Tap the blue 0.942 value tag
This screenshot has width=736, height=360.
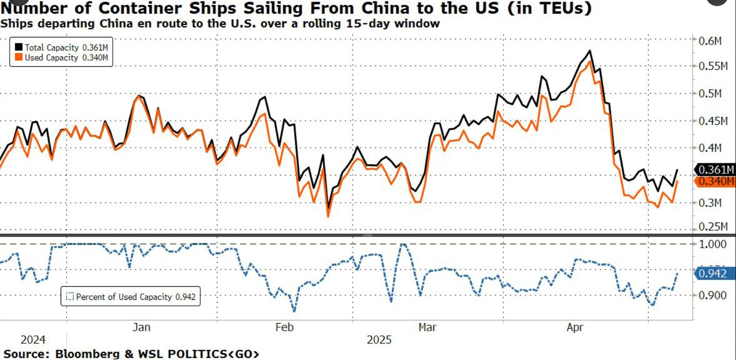pyautogui.click(x=714, y=274)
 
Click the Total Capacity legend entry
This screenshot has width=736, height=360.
pyautogui.click(x=61, y=48)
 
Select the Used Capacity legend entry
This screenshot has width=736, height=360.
pyautogui.click(x=61, y=58)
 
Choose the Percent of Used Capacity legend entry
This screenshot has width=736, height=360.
pyautogui.click(x=130, y=297)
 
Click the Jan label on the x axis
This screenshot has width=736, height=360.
pyautogui.click(x=141, y=327)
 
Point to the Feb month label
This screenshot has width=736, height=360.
pyautogui.click(x=285, y=327)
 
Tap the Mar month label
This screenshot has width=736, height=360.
pyautogui.click(x=428, y=327)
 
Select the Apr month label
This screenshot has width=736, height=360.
pyautogui.click(x=575, y=327)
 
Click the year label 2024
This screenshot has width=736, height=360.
pyautogui.click(x=33, y=339)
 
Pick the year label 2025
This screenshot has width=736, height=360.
pyautogui.click(x=379, y=339)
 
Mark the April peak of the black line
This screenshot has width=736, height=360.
pyautogui.click(x=590, y=51)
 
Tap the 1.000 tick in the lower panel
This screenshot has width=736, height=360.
pyautogui.click(x=713, y=244)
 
